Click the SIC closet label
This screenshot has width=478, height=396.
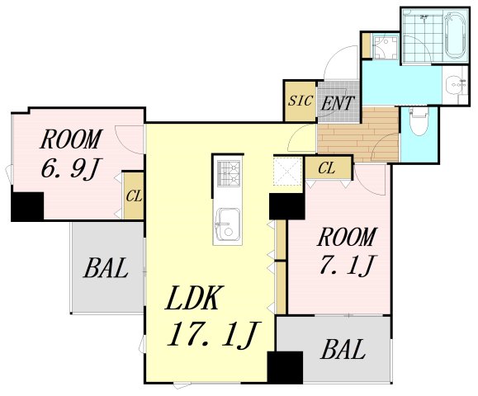tap(301, 101)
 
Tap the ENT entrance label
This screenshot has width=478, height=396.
tap(338, 103)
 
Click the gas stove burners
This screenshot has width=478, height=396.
tap(229, 173)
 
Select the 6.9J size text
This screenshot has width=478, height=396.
tap(71, 168)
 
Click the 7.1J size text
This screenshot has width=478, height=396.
tap(347, 265)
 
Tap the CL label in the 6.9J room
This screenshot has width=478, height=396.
tap(134, 196)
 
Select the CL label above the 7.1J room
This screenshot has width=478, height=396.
tap(326, 167)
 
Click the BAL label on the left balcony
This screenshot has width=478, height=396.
tap(106, 268)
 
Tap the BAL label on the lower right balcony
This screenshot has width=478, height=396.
tap(343, 349)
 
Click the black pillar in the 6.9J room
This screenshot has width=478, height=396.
tap(27, 206)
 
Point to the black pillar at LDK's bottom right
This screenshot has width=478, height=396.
tap(285, 367)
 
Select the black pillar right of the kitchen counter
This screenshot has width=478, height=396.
tap(286, 206)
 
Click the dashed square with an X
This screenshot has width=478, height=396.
tap(287, 172)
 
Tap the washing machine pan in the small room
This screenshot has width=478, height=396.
tap(385, 48)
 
